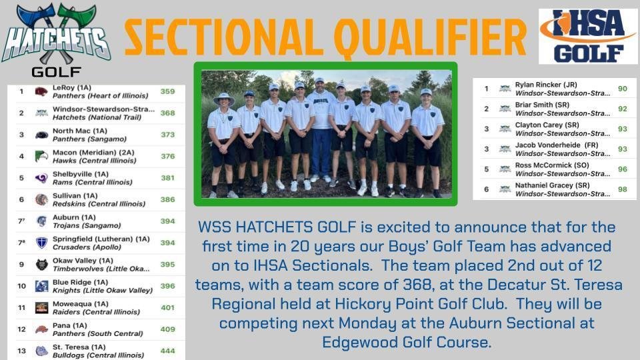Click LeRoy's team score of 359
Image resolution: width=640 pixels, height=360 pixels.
click(x=167, y=92)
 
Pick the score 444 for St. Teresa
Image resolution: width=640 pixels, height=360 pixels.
click(x=167, y=351)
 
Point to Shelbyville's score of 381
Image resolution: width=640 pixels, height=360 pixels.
click(x=167, y=178)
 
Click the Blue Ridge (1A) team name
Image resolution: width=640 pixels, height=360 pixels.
click(x=77, y=283)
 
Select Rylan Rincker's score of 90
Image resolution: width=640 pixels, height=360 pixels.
click(x=622, y=89)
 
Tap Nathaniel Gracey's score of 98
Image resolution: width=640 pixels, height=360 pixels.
click(x=622, y=190)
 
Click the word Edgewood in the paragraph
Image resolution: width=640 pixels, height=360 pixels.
click(x=356, y=342)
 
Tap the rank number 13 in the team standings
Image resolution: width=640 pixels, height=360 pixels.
click(x=22, y=351)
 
